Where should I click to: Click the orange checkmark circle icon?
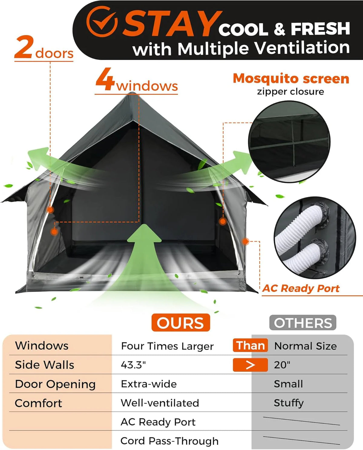pos(102,22)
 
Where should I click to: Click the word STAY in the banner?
pos(172,23)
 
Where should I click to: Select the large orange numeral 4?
pos(105,79)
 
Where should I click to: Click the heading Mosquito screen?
pos(291,79)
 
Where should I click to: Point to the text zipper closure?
pos(290,92)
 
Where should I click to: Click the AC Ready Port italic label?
pos(301,288)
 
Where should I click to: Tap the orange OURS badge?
pos(181,323)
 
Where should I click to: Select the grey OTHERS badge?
pos(303,323)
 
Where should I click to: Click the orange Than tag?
pos(250,346)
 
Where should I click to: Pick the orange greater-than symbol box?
pos(250,365)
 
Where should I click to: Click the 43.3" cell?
pos(133,365)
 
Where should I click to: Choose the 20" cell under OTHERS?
pos(282,365)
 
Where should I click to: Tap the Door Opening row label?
pos(55,384)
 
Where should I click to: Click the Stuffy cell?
pos(289,403)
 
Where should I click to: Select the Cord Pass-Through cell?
pos(170,441)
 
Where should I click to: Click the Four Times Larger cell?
pos(167,346)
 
